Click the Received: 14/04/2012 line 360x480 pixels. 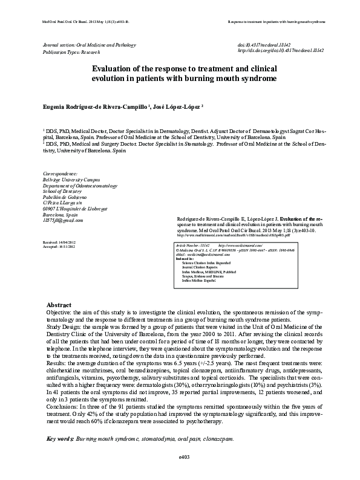click(x=60, y=241)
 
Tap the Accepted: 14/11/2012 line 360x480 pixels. click(x=60, y=246)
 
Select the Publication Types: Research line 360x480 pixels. click(x=73, y=52)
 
